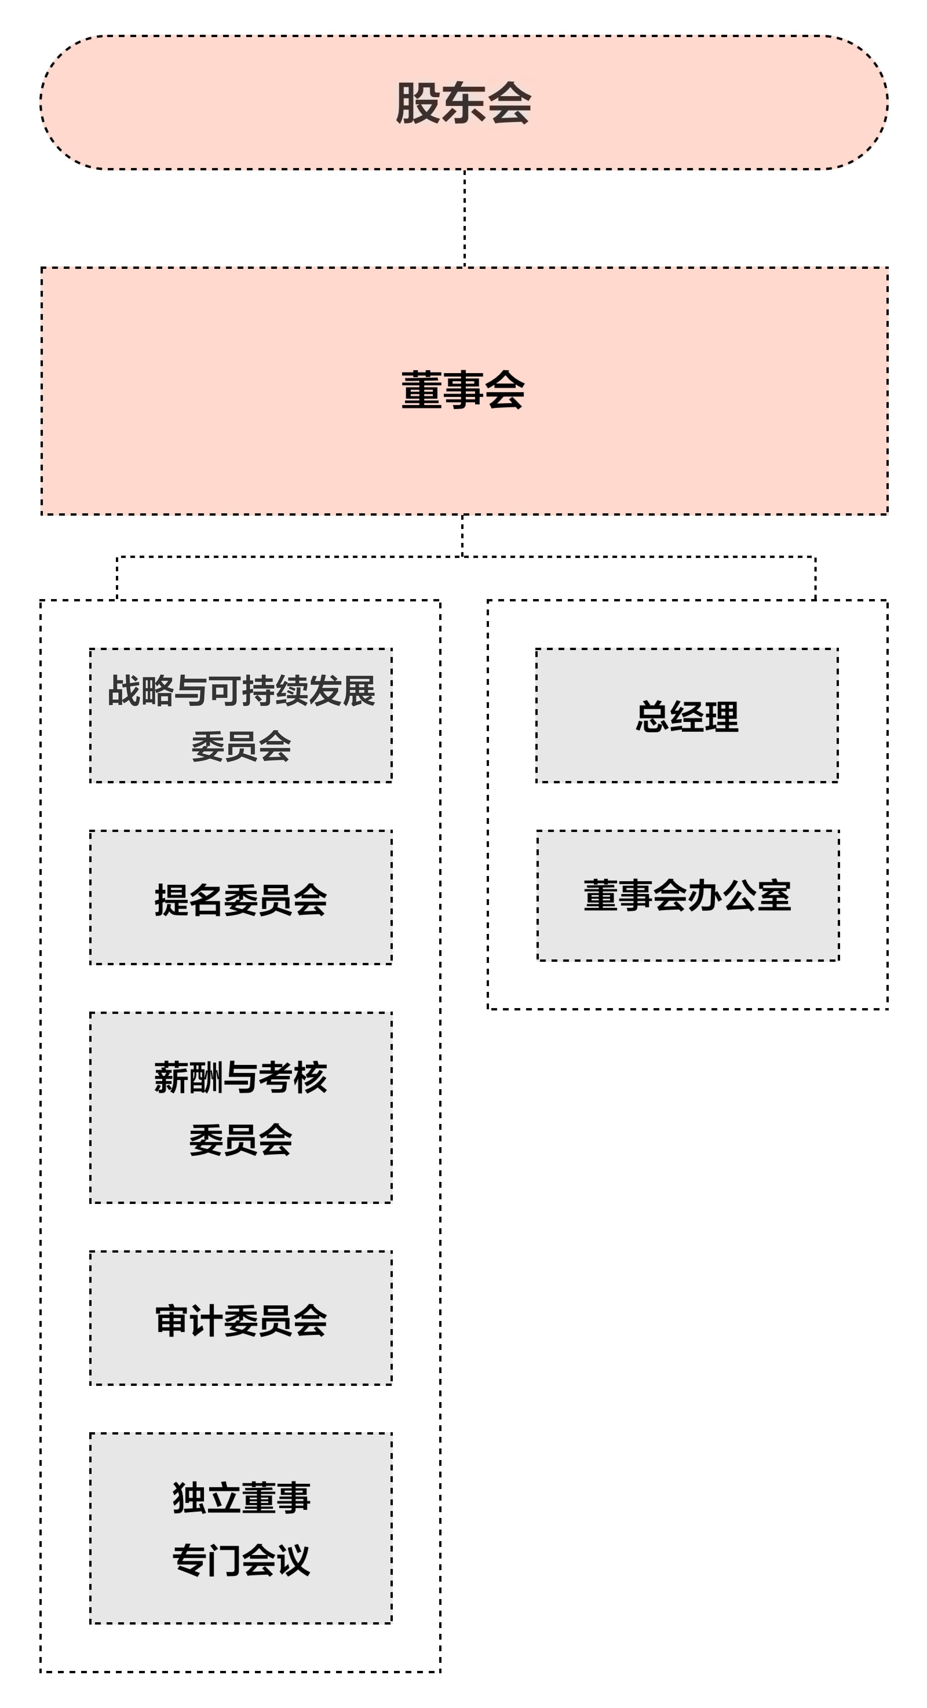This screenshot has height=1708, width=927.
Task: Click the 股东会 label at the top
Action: (463, 103)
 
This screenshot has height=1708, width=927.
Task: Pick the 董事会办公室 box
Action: (688, 895)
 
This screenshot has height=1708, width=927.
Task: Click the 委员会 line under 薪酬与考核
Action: (241, 1140)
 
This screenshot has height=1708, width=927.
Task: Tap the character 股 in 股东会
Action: (418, 103)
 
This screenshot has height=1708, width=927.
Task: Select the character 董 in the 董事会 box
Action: (422, 390)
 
